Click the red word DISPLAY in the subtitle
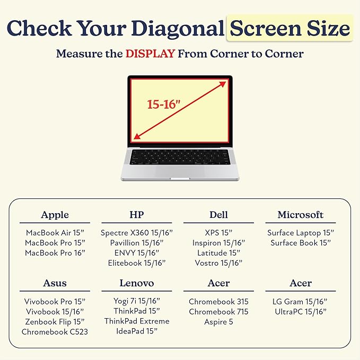click(151, 54)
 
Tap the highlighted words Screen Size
click(289, 28)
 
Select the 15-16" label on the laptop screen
click(164, 104)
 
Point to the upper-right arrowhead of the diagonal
click(223, 84)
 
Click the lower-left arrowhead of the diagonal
click(137, 136)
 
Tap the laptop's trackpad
click(180, 171)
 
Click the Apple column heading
click(55, 215)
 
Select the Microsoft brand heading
click(301, 215)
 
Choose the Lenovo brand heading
click(137, 283)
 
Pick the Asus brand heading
click(55, 283)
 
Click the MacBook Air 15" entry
click(55, 233)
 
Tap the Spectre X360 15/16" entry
click(137, 233)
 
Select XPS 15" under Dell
click(218, 233)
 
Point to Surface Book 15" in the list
click(301, 243)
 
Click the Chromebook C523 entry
click(55, 332)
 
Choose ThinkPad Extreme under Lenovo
click(137, 321)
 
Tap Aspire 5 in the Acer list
click(218, 322)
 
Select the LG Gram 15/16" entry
click(300, 302)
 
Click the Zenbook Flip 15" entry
click(55, 322)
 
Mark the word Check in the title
click(39, 28)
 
